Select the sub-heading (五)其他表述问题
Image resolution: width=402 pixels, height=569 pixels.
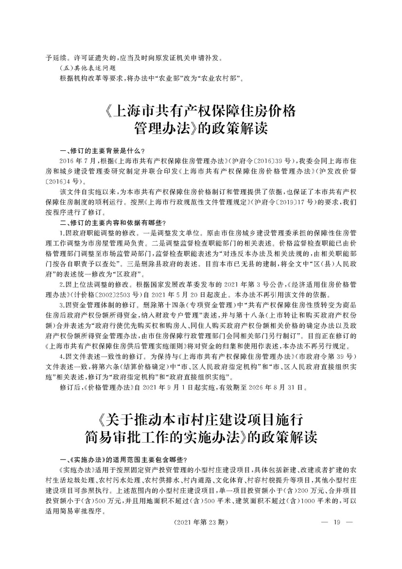pos(88,69)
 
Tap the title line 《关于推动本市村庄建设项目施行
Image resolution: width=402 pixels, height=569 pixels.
pos(200,418)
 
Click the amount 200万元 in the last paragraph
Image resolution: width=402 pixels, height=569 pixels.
pos(300,489)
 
